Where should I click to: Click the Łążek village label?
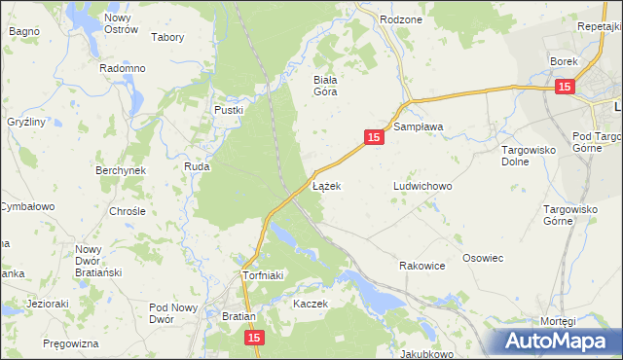coord(326,185)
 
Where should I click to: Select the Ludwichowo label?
coord(422,185)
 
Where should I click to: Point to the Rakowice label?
coord(422,265)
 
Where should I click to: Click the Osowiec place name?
coord(482,258)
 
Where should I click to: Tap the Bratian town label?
coord(238,317)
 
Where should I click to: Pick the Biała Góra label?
coord(324,86)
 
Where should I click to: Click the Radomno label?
coord(123,69)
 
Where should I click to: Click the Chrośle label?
coord(128,210)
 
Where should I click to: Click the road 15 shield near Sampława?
coord(375,139)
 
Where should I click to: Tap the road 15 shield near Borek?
coord(565,88)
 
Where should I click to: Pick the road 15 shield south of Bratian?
coord(253,337)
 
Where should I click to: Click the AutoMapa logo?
coord(558,342)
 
